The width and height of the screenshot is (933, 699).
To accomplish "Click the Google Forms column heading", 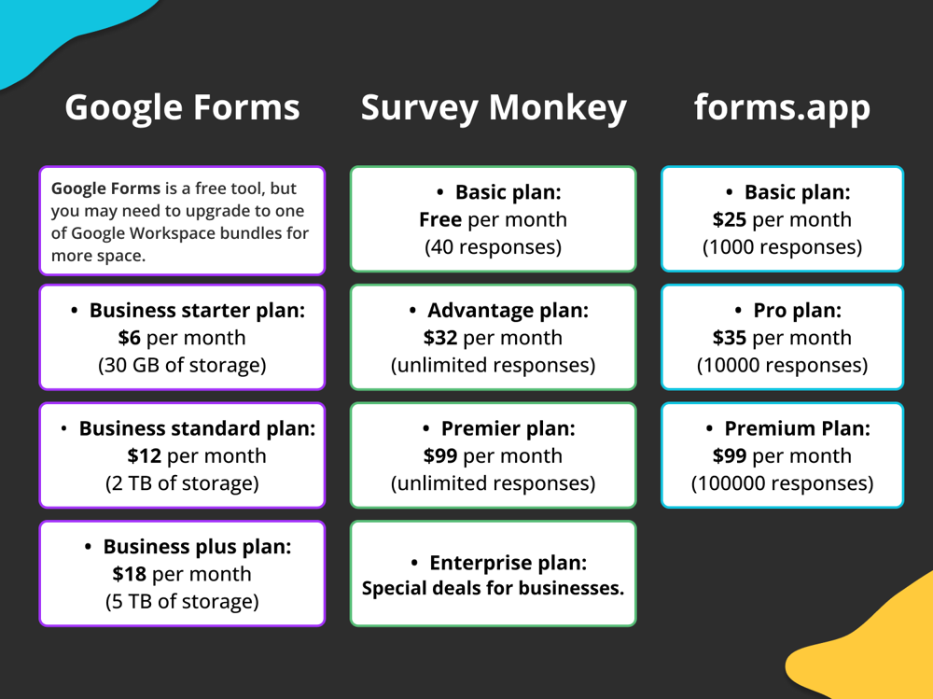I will (x=182, y=108).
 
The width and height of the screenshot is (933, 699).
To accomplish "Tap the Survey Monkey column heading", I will (x=494, y=108).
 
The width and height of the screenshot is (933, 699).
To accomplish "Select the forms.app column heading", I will (x=782, y=108).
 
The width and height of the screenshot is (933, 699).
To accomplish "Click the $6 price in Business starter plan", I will (x=130, y=338).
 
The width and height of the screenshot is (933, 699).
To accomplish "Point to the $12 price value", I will (x=144, y=456).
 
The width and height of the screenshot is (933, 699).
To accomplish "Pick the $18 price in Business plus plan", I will (x=129, y=574).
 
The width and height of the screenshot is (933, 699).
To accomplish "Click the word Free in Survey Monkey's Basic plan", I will (x=440, y=220).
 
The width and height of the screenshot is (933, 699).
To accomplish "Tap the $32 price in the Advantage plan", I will (x=440, y=338).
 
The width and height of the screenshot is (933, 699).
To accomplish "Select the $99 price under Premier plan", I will (x=440, y=456).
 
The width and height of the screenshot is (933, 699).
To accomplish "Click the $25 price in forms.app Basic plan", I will (x=730, y=220).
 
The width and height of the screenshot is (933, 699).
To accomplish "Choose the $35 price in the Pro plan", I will (x=730, y=338).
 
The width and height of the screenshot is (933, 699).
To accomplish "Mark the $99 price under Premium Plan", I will (x=730, y=456).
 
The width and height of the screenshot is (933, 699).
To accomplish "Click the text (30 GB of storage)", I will (x=182, y=365).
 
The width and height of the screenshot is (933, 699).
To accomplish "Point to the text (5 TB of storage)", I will (x=182, y=601).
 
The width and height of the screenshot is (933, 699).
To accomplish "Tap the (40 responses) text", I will (x=493, y=247).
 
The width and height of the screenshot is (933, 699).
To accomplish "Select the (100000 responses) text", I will (x=782, y=483).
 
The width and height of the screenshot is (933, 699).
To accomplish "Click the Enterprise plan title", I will (x=508, y=563).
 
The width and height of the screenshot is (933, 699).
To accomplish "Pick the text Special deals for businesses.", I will (x=493, y=589).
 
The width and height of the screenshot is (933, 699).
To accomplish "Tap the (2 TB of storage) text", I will (x=182, y=483).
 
